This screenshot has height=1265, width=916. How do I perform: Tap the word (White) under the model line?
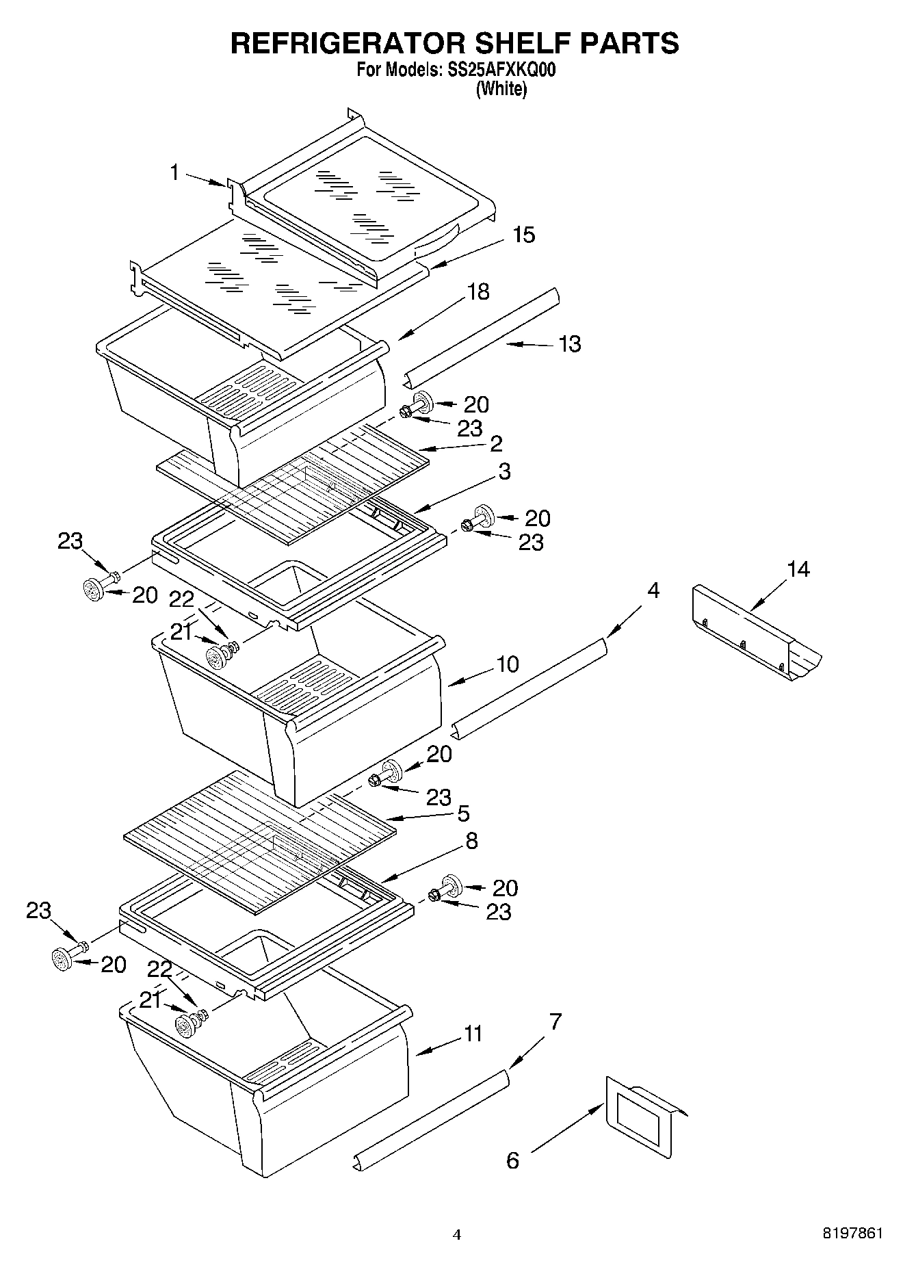(501, 89)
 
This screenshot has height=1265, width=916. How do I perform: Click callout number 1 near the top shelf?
(175, 172)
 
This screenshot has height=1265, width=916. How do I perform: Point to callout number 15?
(523, 235)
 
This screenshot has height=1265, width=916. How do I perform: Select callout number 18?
(478, 291)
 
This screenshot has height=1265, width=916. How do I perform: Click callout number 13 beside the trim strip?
(569, 343)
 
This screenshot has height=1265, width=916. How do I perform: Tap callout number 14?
(798, 569)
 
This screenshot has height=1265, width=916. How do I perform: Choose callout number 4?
(653, 590)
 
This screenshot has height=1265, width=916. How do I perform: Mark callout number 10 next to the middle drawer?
(508, 664)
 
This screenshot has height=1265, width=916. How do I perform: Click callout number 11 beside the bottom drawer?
(473, 1033)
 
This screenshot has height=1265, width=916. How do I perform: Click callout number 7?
(555, 1022)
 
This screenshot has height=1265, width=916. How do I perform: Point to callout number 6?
(512, 1160)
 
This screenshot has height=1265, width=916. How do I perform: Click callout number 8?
(471, 841)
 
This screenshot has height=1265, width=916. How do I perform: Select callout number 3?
(504, 471)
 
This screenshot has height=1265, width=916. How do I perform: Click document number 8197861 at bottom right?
(852, 1234)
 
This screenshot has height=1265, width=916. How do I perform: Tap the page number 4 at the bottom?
(457, 1235)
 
